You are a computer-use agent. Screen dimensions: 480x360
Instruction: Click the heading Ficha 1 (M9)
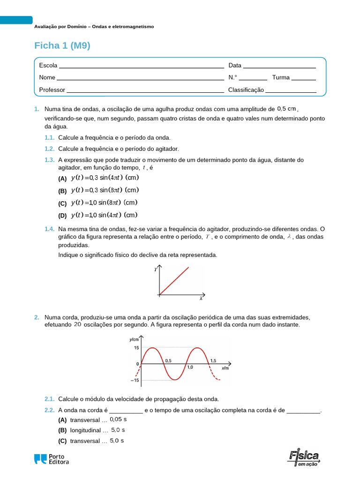pyautogui.click(x=62, y=45)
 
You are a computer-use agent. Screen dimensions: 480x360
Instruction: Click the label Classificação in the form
pyautogui.click(x=246, y=90)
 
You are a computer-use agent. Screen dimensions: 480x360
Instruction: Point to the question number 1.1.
pyautogui.click(x=50, y=138)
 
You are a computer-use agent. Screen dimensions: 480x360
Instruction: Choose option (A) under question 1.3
pyautogui.click(x=62, y=179)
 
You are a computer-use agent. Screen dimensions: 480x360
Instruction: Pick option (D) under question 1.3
pyautogui.click(x=62, y=216)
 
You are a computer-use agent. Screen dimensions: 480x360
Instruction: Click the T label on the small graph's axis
pyautogui.click(x=155, y=270)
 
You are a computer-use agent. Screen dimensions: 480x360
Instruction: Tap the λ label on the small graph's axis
pyautogui.click(x=201, y=298)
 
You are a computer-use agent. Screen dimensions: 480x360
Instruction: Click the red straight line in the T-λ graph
pyautogui.click(x=174, y=281)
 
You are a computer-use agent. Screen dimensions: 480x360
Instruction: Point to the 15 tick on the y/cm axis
pyautogui.click(x=136, y=348)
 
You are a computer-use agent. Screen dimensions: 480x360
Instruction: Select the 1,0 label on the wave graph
pyautogui.click(x=190, y=368)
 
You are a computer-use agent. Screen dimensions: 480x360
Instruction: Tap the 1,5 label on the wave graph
pyautogui.click(x=214, y=360)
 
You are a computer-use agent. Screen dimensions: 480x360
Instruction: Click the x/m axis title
pyautogui.click(x=225, y=368)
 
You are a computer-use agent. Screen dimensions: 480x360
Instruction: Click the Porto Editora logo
pyautogui.click(x=52, y=459)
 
